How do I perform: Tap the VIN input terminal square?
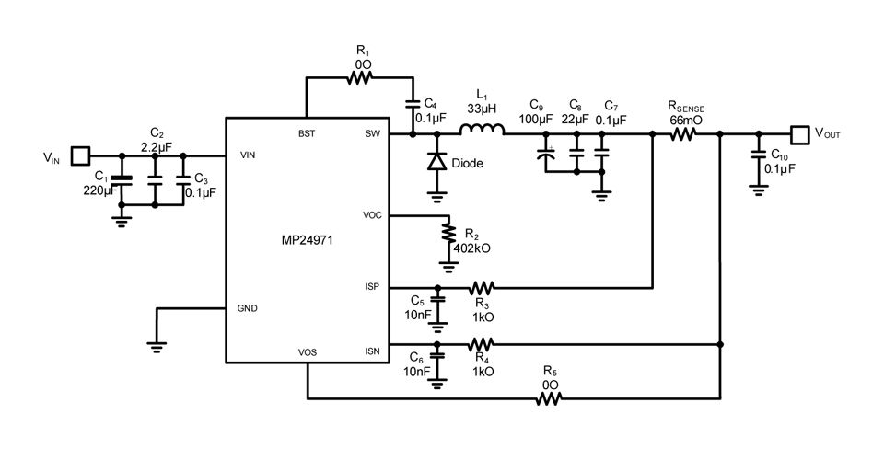coord(81,155)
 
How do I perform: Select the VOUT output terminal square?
coord(798,133)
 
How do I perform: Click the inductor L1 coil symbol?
coord(482,129)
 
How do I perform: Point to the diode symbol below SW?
coord(437,162)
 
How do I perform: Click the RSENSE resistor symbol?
coord(683,133)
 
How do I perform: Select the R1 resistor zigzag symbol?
coord(360,79)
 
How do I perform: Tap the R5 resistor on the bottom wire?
coord(549,398)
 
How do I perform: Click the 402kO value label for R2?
coord(471,248)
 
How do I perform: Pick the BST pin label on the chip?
coord(307,134)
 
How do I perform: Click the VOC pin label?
coord(373,215)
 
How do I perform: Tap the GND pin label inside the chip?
coord(248,307)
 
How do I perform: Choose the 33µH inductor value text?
coord(482,107)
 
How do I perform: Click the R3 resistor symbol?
coord(483,287)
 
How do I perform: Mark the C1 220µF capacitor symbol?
coord(122,177)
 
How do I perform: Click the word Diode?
coord(466,164)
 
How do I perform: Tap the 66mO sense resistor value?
coord(685,120)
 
